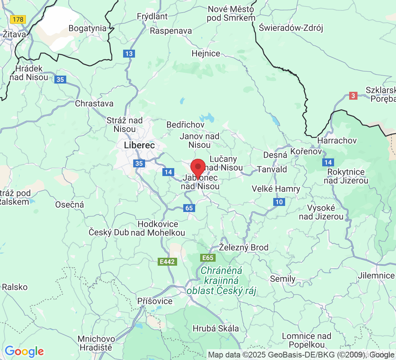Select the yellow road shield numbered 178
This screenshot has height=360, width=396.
(18, 19)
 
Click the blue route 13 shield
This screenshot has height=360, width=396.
(129, 54)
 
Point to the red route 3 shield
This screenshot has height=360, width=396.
(354, 96)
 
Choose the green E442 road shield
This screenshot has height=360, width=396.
(168, 262)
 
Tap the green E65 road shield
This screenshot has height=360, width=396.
(208, 257)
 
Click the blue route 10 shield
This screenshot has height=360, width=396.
(279, 202)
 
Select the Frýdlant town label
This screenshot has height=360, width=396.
(152, 16)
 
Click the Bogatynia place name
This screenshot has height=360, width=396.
(87, 28)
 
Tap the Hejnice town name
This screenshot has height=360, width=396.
(206, 53)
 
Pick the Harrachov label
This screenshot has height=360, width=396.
(337, 140)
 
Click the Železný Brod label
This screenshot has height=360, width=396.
(244, 247)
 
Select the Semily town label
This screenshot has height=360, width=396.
(283, 279)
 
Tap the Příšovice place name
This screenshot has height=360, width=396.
(155, 301)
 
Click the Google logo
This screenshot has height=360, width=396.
(24, 351)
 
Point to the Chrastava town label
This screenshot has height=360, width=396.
(94, 103)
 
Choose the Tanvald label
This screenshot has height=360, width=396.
(272, 169)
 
